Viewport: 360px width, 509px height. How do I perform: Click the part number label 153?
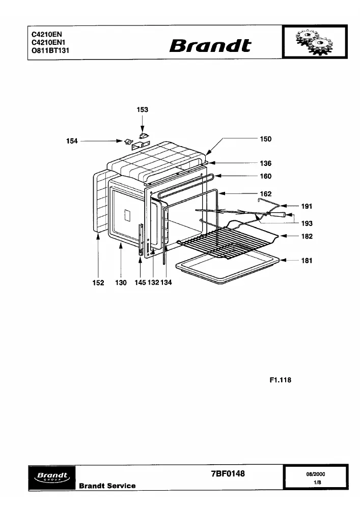tap(143, 110)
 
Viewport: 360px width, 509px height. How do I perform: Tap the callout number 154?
tap(72, 141)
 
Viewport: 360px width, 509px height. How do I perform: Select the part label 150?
tap(265, 139)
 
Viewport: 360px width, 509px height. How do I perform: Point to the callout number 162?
tap(265, 194)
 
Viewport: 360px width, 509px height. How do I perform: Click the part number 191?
tap(307, 206)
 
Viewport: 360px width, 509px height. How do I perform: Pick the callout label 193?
tap(307, 223)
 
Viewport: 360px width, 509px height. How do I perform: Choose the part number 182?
tap(307, 236)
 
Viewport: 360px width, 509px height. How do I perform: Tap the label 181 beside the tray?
tap(307, 260)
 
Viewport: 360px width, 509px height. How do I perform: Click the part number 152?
tap(98, 282)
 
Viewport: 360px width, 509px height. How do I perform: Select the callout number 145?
tap(140, 282)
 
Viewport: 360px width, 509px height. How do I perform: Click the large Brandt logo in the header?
tap(210, 46)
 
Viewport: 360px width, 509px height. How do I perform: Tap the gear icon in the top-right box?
tap(315, 43)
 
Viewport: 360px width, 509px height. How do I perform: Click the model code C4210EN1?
tap(48, 43)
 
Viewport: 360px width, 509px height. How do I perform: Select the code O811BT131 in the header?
tap(50, 50)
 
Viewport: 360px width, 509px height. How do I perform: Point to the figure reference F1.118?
tap(281, 380)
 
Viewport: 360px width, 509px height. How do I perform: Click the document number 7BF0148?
tap(228, 473)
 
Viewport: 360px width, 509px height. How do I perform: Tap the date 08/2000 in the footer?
tap(316, 474)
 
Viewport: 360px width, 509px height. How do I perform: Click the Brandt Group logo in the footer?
tap(52, 477)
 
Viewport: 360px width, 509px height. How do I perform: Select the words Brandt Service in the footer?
tap(107, 486)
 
